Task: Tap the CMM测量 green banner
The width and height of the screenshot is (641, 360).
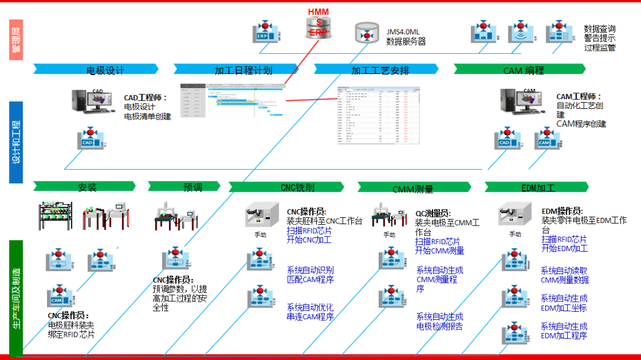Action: click(413, 187)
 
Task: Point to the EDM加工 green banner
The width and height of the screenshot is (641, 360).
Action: click(538, 187)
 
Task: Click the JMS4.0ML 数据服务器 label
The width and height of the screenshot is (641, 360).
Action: click(406, 36)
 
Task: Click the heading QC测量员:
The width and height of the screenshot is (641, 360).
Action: click(433, 213)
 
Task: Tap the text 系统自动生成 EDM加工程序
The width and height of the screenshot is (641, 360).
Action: click(564, 331)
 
